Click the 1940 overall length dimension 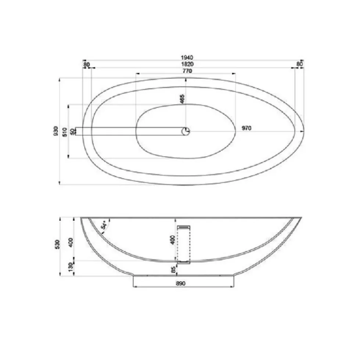(x=187, y=57)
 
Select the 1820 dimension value (x=187, y=64)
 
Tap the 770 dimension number (x=187, y=71)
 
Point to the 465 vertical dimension (x=182, y=99)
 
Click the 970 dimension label (x=246, y=128)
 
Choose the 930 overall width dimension (x=56, y=131)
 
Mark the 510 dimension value (x=65, y=132)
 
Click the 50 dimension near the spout (x=73, y=132)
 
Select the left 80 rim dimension (x=87, y=65)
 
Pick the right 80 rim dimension (x=299, y=64)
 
